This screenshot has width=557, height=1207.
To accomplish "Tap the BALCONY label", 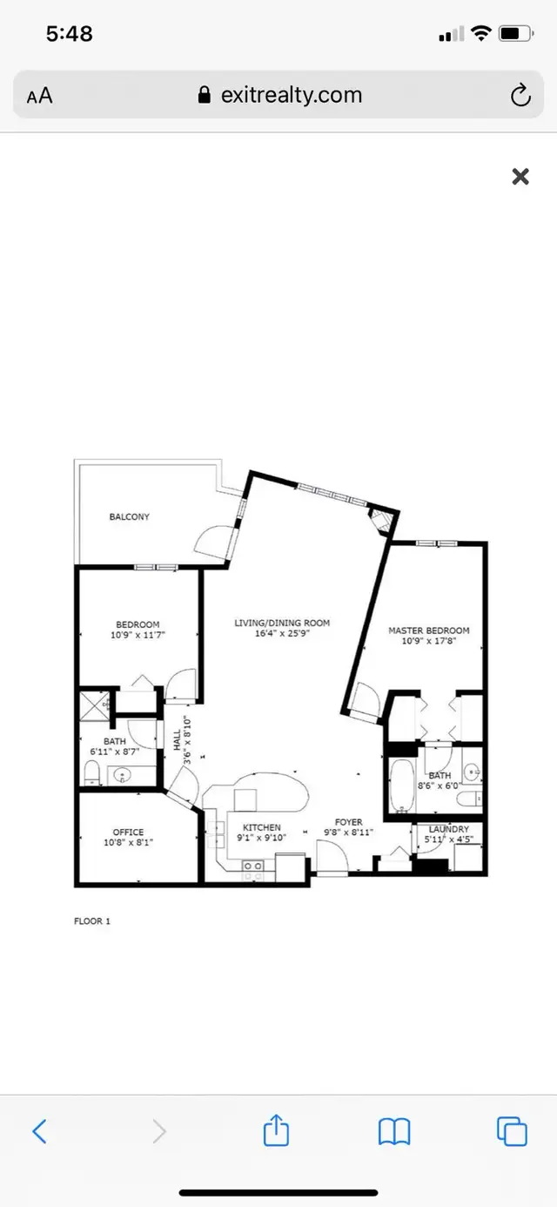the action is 130,516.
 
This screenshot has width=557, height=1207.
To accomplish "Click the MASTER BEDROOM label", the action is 429,630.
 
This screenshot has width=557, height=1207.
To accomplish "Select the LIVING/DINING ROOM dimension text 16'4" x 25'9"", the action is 282,634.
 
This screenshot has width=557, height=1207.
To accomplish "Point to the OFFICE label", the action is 128,832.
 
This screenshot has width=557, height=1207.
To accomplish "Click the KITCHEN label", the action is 262,827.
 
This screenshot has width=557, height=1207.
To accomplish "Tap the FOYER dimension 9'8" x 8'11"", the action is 348,832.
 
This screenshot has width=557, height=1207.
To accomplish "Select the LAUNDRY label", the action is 449,829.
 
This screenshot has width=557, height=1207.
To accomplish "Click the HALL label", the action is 178,740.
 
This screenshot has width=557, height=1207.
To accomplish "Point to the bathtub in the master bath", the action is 402,786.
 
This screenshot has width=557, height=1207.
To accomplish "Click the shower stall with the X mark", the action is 95,705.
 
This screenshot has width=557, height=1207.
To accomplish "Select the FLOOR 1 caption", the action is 92,920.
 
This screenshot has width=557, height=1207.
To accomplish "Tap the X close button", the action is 520,176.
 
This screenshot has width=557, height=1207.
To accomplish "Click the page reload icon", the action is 520,96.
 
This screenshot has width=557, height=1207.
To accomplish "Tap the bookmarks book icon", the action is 394,1130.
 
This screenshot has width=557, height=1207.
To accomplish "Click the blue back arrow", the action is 39,1130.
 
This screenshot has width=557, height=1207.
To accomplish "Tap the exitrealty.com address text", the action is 292,96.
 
